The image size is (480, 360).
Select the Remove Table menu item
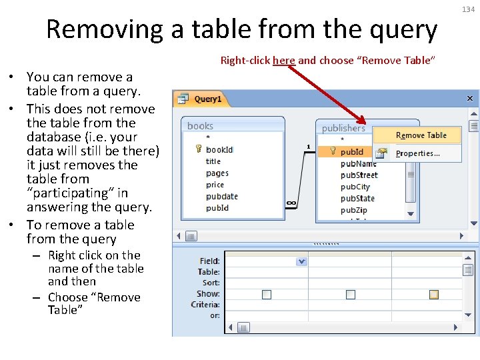pos(421,135)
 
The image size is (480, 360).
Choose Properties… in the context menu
pos(418,153)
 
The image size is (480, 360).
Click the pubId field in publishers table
pos(352,151)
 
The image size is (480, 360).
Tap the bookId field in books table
pos(219,149)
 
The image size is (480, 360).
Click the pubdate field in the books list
pos(222,197)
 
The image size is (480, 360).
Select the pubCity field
pos(355,187)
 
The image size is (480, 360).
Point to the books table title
pos(201,125)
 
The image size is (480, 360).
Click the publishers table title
pos(343,128)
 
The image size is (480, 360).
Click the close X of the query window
pos(469,99)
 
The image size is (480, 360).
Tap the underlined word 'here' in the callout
pos(284,61)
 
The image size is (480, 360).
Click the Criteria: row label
pos(205,305)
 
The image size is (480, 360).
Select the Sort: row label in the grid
pos(211,283)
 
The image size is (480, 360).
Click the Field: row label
pos(209,261)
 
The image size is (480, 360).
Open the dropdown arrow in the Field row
pos(301,261)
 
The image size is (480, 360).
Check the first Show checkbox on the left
pos(267,294)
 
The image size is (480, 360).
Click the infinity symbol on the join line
pos(291,203)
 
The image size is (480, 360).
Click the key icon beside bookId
pos(199,149)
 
